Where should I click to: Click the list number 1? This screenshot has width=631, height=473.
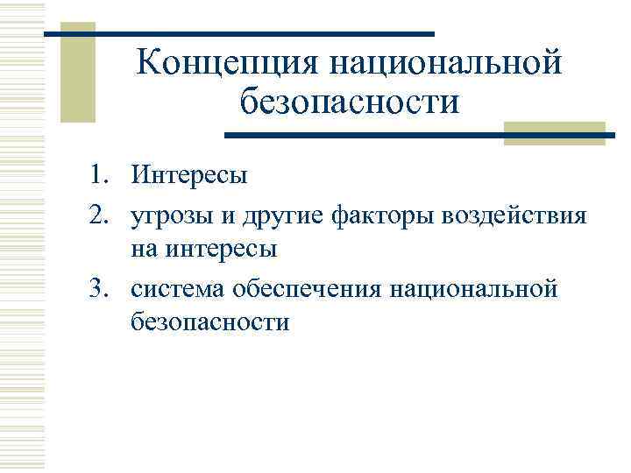point(98,175)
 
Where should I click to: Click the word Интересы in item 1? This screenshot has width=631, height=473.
point(190,175)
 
